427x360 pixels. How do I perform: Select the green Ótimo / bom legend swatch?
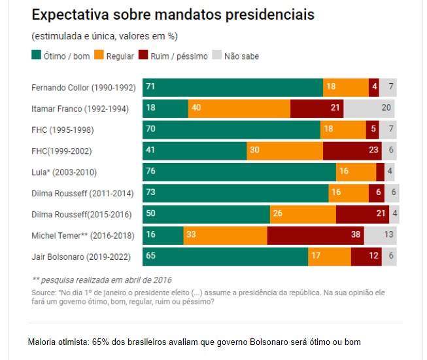point(37,56)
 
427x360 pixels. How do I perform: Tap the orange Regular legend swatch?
point(99,56)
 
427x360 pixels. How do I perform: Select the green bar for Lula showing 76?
point(239,172)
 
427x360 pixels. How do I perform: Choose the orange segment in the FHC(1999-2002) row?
point(284,151)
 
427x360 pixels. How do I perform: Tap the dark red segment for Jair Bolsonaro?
point(366,257)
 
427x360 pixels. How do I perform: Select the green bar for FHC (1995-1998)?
point(231,130)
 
